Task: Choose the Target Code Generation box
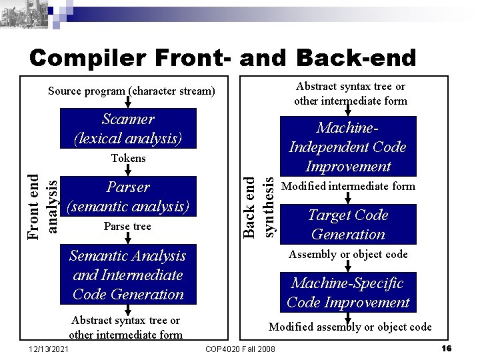347,225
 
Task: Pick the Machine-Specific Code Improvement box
347,293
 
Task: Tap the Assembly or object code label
347,254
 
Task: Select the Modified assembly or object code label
349,327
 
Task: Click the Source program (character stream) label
131,91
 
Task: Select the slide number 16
447,349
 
